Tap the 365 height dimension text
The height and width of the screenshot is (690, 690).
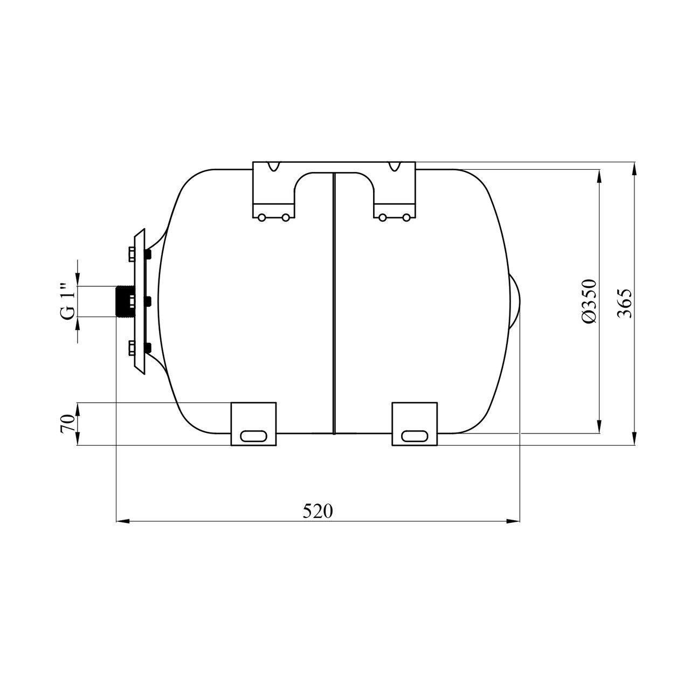tap(625, 303)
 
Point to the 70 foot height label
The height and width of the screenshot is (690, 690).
tap(68, 424)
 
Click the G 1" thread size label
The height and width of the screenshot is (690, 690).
tap(68, 301)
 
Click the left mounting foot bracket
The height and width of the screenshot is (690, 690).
tap(253, 424)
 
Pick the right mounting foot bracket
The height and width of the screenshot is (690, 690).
tap(415, 424)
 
